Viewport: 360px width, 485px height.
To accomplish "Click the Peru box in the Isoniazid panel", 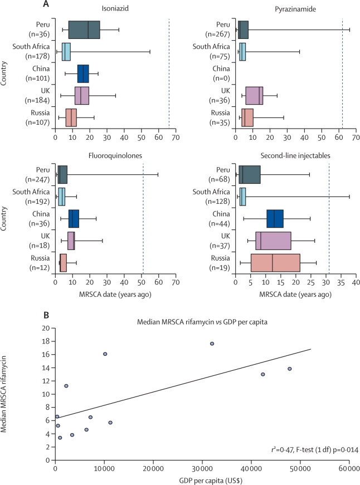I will click(x=84, y=30).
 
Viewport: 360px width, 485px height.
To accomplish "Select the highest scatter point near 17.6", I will click(x=212, y=344).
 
